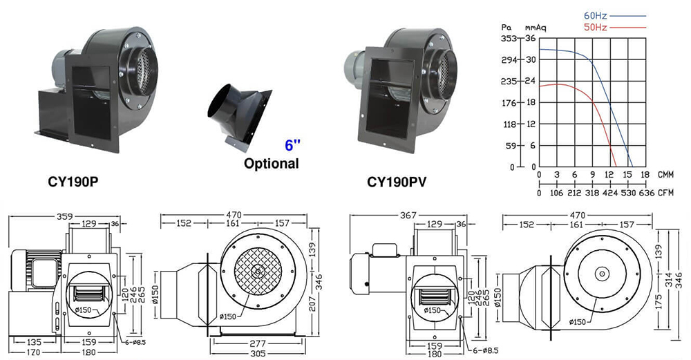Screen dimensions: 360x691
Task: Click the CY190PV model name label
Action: point(396,183)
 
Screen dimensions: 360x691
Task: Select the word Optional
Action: point(271,164)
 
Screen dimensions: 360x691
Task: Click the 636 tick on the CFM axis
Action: point(645,193)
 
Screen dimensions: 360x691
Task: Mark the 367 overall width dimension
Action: point(408,216)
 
